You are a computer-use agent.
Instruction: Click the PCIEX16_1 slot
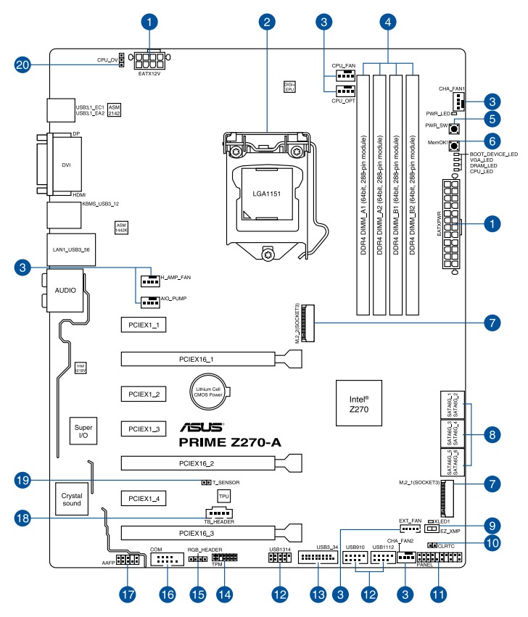point(197,358)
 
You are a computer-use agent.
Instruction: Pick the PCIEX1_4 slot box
point(144,499)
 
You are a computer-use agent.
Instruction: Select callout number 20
point(26,65)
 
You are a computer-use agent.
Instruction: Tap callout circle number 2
point(267,21)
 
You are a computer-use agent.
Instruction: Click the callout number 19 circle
point(25,481)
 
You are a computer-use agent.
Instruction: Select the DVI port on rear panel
point(65,164)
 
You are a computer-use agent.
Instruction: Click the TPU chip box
point(223,496)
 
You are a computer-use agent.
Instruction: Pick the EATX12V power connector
point(149,58)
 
